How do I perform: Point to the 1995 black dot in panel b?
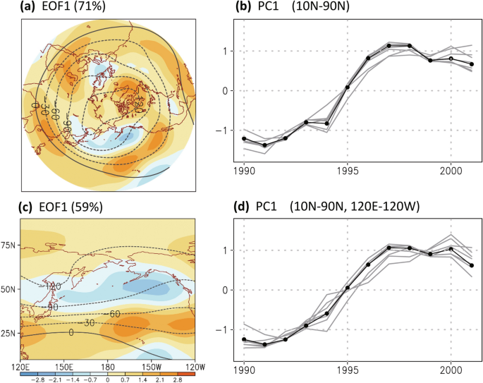(347, 87)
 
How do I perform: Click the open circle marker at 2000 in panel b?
(451, 59)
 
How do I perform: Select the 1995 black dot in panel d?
(347, 287)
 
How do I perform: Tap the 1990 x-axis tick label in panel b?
(243, 171)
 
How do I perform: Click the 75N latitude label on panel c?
(10, 245)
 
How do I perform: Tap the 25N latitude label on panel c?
(10, 332)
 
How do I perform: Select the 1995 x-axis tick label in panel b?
(347, 171)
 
